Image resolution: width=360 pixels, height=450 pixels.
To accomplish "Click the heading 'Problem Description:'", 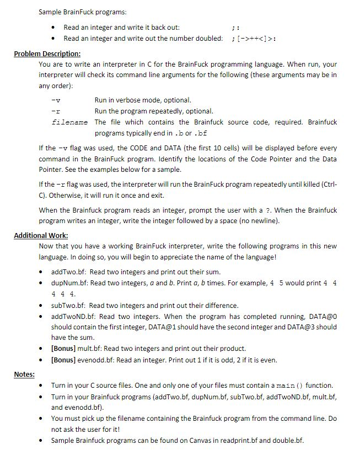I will (x=47, y=53).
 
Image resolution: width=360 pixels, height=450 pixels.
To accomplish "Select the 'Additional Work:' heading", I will (x=41, y=235).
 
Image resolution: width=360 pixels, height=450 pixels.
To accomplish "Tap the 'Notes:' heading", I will (x=24, y=374).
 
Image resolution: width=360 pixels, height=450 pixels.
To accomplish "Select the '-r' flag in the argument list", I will (x=55, y=111).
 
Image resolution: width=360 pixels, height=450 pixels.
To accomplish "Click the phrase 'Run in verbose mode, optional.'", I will (x=143, y=100).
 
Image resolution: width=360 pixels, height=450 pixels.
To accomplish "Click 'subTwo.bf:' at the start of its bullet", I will (x=69, y=305).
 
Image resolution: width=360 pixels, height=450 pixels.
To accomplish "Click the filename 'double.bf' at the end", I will (x=288, y=440).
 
